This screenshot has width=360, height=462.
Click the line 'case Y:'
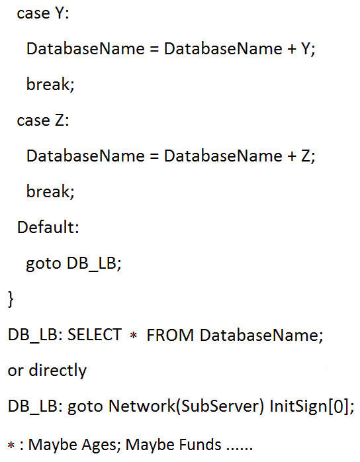(43, 13)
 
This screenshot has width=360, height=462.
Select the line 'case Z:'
(43, 120)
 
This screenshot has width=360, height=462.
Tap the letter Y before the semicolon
(306, 48)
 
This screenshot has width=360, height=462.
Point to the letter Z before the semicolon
(306, 156)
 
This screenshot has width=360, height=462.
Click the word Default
(45, 227)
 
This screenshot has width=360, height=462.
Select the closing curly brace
(11, 299)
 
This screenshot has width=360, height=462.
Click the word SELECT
(95, 335)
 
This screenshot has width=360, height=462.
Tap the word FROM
(170, 335)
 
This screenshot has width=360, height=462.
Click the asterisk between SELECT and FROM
(134, 336)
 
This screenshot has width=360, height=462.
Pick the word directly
(58, 371)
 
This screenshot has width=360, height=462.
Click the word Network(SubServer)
(186, 406)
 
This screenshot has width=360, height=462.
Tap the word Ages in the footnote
(99, 445)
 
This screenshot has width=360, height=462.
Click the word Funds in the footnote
(200, 444)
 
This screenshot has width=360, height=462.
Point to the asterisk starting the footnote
(11, 445)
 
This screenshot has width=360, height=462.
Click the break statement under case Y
(50, 84)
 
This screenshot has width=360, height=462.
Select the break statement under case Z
(50, 191)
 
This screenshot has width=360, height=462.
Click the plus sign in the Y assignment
(292, 49)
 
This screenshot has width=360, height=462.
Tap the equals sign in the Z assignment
(154, 156)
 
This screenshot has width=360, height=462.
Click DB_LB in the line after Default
(91, 263)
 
